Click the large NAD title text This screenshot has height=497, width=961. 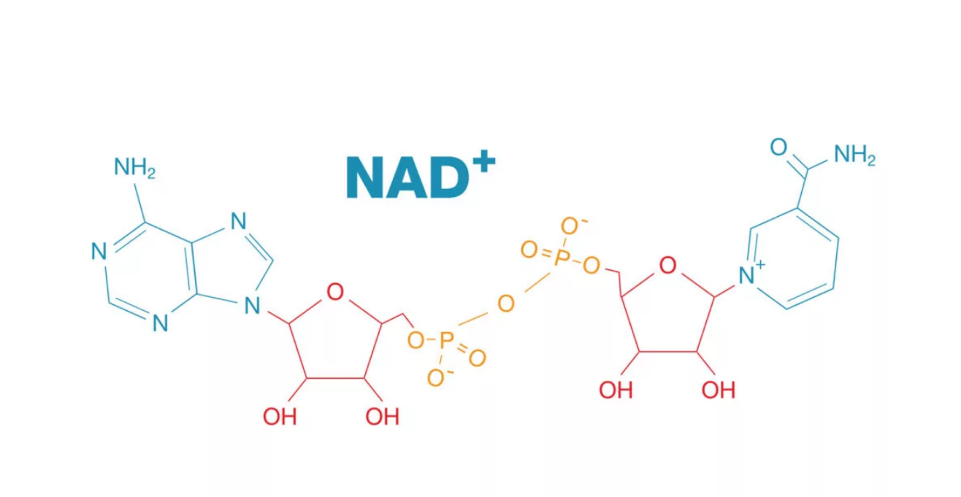409,177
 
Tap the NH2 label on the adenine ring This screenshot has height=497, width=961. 134,168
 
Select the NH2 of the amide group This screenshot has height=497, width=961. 854,155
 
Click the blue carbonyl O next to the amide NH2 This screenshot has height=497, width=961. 779,147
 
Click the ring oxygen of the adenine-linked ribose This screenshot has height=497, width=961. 335,293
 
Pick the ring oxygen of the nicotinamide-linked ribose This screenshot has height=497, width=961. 667,265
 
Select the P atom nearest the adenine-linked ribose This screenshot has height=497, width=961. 447,339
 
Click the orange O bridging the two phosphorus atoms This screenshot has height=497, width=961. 506,304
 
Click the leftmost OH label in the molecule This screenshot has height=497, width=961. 280,417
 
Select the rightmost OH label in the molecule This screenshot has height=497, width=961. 718,390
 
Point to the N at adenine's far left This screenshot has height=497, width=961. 99,252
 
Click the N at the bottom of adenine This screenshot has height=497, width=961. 160,323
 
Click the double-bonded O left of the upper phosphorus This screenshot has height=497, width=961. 529,251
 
